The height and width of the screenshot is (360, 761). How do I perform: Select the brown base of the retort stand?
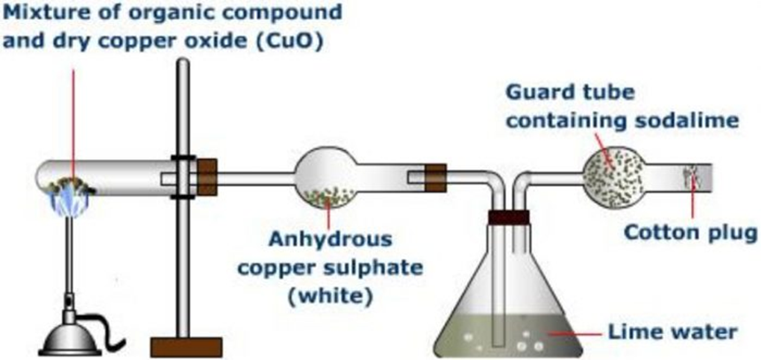[x=185, y=346]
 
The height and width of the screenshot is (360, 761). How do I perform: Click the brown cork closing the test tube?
[x=207, y=176]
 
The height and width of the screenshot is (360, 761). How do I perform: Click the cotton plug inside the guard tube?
[x=693, y=175]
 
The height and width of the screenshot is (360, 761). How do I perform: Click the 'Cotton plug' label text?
[x=690, y=234]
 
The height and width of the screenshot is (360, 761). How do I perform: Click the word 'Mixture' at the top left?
[x=40, y=15]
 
